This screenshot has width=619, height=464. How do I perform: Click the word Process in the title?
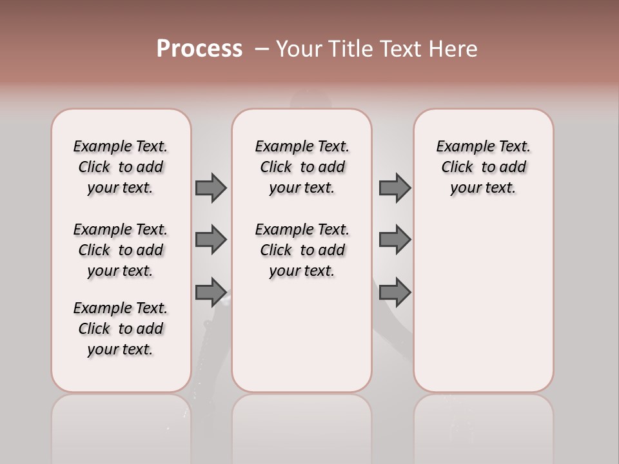199,49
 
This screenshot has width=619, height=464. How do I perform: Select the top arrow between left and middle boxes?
211,188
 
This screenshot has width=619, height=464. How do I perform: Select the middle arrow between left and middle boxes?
211,240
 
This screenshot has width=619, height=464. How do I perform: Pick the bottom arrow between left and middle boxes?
211,292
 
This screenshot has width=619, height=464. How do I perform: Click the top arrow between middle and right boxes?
395,188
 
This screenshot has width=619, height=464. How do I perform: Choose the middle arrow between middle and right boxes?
395,240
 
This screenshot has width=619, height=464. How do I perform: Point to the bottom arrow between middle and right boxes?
395,292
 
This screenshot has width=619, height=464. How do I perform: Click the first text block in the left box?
121,167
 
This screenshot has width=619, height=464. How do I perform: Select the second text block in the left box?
121,250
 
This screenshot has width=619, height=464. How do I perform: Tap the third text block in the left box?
121,329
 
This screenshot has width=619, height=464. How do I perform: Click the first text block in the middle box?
302,167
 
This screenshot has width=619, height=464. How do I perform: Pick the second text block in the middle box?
302,250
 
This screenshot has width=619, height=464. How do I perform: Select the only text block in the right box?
483,167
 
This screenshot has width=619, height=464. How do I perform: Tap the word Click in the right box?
457,168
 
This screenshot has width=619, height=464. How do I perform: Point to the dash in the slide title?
261,49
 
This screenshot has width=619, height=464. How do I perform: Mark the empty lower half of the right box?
483,309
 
